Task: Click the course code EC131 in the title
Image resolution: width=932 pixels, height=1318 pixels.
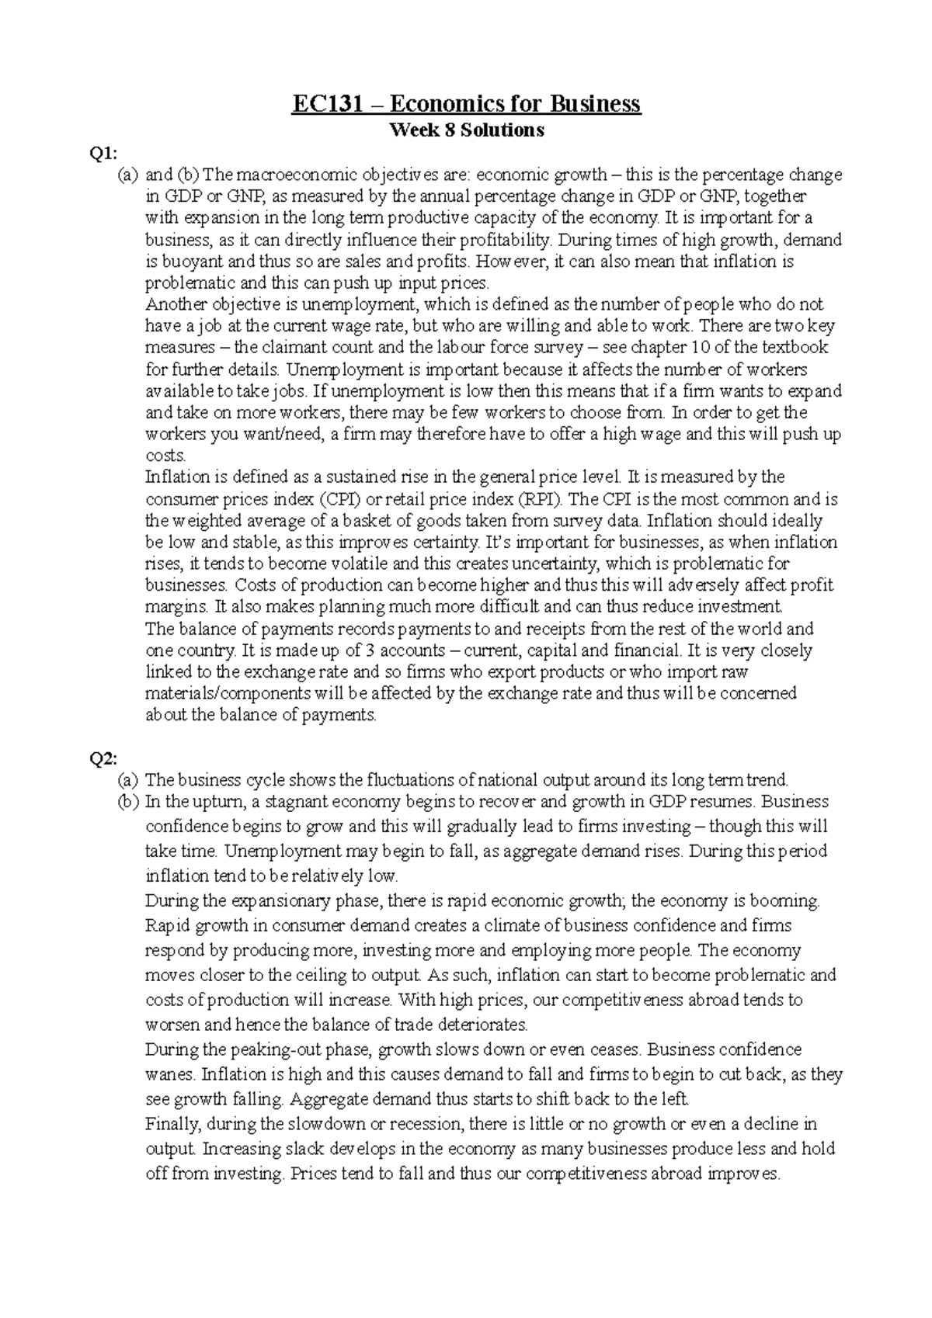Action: click(x=327, y=104)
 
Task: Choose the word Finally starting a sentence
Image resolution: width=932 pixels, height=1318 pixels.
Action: click(x=173, y=1125)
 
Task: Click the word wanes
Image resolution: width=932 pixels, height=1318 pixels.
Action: click(x=169, y=1075)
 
